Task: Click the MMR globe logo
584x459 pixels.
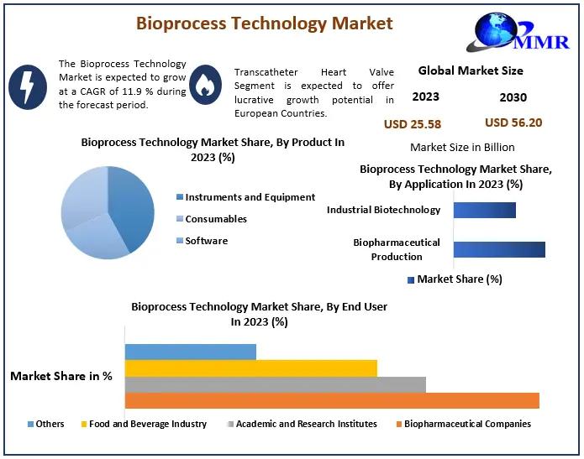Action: point(518,33)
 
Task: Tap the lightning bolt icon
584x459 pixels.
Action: point(28,87)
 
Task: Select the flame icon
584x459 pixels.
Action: point(205,85)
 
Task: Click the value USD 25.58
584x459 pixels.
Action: point(413,124)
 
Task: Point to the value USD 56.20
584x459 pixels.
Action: point(513,123)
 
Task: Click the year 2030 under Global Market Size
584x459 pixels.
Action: point(513,97)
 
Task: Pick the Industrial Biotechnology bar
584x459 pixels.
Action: point(485,210)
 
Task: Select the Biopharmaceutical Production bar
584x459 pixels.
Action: point(499,249)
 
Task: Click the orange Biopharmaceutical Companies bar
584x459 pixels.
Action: point(332,400)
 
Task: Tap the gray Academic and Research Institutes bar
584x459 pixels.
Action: point(276,384)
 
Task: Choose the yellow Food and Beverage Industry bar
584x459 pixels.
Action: point(251,368)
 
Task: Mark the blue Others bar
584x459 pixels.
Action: point(191,352)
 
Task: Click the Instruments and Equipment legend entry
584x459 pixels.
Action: point(246,197)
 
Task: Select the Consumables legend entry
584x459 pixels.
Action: point(212,219)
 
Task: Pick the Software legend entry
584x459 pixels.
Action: point(202,241)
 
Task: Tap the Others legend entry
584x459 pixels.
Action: point(46,424)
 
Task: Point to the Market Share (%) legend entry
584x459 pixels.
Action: point(455,279)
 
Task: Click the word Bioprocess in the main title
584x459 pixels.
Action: point(181,23)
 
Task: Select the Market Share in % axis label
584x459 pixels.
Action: point(61,376)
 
